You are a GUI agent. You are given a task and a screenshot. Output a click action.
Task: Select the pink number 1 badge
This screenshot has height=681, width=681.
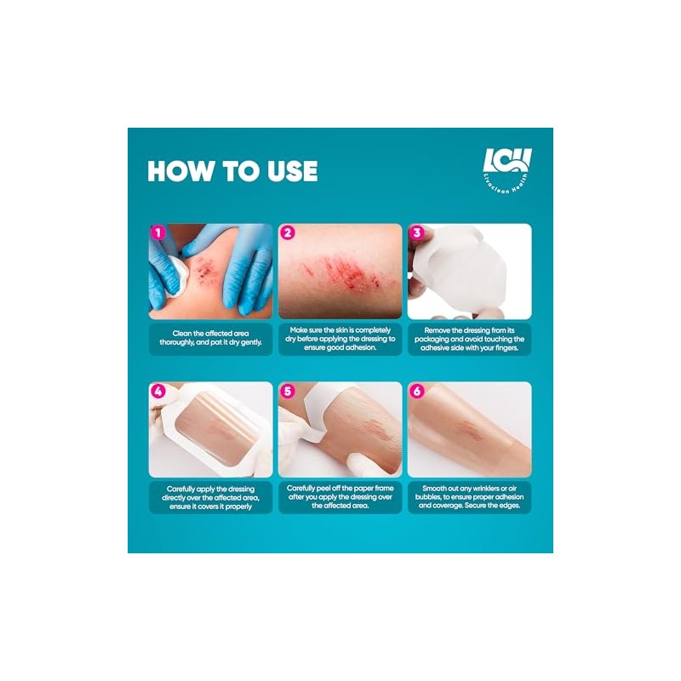[157, 232]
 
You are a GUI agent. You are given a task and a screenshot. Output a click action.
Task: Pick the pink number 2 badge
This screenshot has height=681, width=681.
[287, 232]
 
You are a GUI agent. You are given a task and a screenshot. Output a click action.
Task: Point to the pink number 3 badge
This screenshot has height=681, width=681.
[416, 232]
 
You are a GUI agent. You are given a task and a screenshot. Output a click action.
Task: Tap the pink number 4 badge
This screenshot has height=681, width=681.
[157, 391]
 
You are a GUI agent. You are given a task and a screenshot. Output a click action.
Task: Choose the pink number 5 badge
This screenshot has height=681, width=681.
[287, 391]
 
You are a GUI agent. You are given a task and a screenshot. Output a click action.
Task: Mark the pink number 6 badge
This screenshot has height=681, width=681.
[416, 391]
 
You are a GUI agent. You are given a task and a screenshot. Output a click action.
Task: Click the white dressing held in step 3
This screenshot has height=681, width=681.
[461, 269]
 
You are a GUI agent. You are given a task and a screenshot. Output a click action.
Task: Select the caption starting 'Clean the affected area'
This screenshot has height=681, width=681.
[210, 338]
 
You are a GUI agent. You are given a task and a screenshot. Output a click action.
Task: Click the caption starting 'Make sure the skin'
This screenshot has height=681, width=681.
[340, 339]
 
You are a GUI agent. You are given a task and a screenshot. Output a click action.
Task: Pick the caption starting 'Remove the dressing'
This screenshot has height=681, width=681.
[470, 339]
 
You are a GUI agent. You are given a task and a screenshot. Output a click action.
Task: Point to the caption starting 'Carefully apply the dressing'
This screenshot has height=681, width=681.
[210, 497]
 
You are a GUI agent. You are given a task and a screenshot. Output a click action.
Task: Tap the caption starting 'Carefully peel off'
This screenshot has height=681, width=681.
[340, 497]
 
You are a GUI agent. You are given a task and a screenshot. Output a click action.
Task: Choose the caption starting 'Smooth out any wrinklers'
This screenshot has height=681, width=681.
[470, 497]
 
